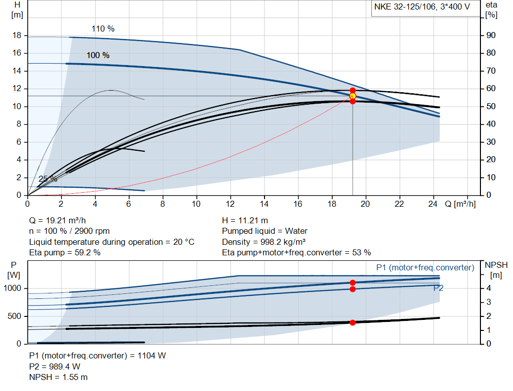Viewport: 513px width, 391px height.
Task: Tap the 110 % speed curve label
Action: click(103, 29)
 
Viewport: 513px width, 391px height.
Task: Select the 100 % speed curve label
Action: click(98, 55)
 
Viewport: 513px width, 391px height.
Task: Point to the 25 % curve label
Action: click(48, 179)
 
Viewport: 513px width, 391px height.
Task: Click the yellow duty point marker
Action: click(353, 96)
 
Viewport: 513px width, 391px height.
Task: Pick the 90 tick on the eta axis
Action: click(491, 36)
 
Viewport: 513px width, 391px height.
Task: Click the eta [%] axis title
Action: click(491, 10)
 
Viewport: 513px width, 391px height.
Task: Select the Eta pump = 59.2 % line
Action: click(65, 252)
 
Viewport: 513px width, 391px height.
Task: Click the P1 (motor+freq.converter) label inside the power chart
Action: click(425, 267)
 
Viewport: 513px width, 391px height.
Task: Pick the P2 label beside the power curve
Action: click(438, 288)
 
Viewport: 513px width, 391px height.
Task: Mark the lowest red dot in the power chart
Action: click(353, 322)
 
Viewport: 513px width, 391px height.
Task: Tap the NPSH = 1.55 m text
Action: click(58, 376)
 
